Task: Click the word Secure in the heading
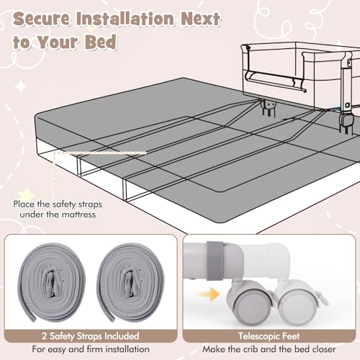pyautogui.click(x=42, y=19)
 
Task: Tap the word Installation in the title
pyautogui.click(x=125, y=19)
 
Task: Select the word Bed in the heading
pyautogui.click(x=101, y=42)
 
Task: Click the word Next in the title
pyautogui.click(x=200, y=19)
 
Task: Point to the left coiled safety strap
pyautogui.click(x=52, y=282)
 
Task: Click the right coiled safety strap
pyautogui.click(x=130, y=282)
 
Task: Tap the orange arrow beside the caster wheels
pyautogui.click(x=208, y=294)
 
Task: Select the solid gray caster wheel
pyautogui.click(x=250, y=303)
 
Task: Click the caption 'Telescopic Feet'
pyautogui.click(x=269, y=336)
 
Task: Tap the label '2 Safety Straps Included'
pyautogui.click(x=91, y=336)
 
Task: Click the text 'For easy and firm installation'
pyautogui.click(x=91, y=349)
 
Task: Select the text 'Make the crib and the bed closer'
pyautogui.click(x=269, y=349)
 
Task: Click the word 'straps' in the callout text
pyautogui.click(x=90, y=204)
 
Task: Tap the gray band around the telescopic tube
pyautogui.click(x=215, y=261)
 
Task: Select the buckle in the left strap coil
pyautogui.click(x=51, y=282)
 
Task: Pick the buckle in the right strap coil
pyautogui.click(x=130, y=282)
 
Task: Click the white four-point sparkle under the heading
pyautogui.click(x=21, y=86)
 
